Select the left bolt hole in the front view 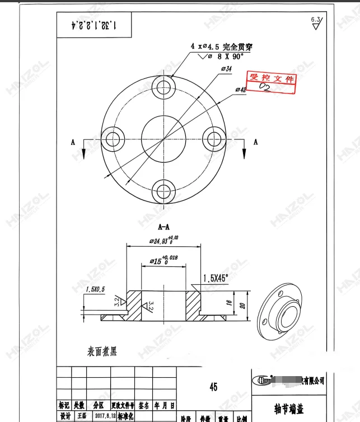(114, 138)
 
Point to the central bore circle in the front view (163, 138)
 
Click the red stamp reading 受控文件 (272, 82)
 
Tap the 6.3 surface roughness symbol (316, 22)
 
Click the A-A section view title (164, 227)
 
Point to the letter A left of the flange (73, 142)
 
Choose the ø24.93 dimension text (163, 241)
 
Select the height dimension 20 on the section (241, 306)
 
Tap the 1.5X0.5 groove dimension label (95, 289)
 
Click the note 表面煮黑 (102, 351)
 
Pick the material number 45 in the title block (213, 387)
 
